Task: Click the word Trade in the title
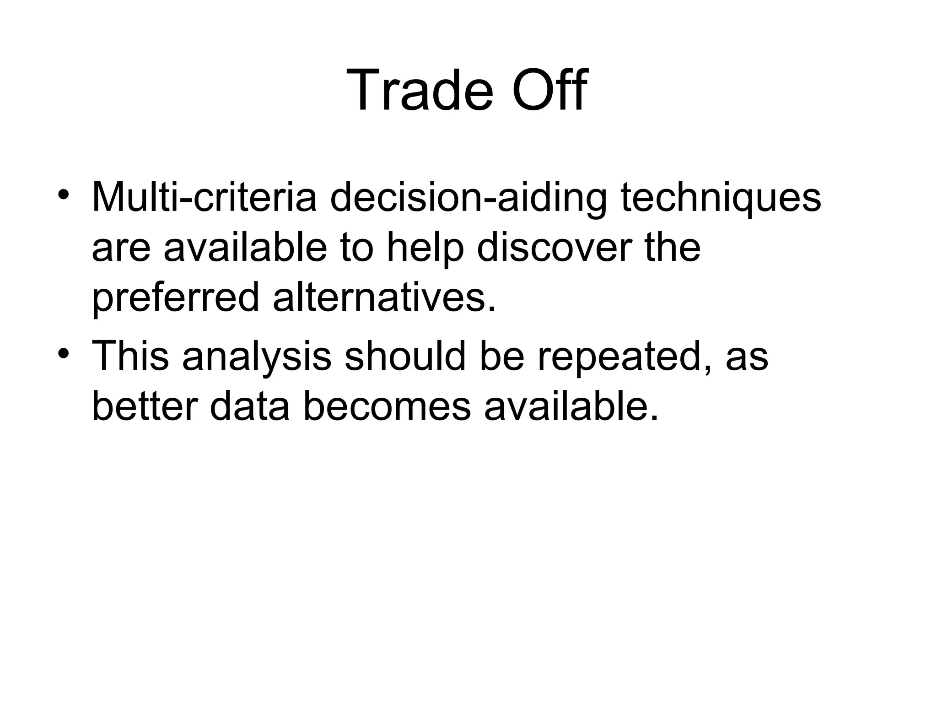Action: click(420, 90)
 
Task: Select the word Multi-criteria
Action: click(205, 198)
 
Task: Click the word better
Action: click(145, 406)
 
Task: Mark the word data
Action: click(250, 406)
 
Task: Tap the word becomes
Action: click(387, 406)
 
